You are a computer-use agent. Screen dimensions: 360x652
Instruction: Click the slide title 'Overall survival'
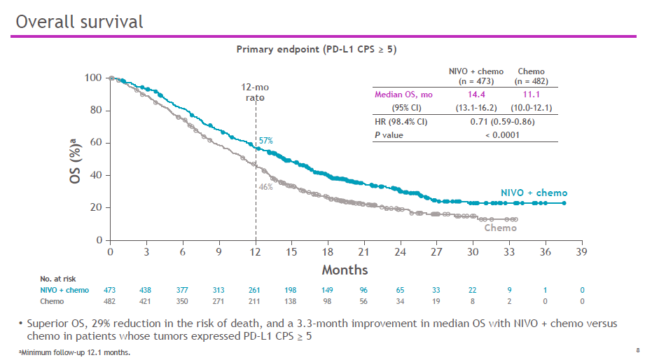point(79,22)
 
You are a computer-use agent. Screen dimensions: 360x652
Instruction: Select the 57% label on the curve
point(266,141)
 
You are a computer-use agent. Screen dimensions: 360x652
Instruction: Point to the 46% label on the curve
point(265,187)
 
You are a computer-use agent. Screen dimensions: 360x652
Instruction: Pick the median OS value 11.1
point(532,93)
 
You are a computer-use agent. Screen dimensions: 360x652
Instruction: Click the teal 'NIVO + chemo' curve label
point(534,193)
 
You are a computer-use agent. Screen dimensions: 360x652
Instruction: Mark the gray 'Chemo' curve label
point(501,228)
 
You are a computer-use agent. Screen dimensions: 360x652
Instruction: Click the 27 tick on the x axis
point(436,252)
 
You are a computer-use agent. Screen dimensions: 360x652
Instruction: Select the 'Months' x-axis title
point(345,270)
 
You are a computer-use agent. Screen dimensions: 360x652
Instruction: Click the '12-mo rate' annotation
point(255,92)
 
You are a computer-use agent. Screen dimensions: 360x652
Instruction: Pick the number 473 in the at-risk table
point(110,290)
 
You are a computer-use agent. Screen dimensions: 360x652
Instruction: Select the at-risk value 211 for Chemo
point(255,301)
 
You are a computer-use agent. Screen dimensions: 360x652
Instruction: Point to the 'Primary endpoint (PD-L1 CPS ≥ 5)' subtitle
point(317,49)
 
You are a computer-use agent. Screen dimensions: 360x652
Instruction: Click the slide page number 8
point(638,349)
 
